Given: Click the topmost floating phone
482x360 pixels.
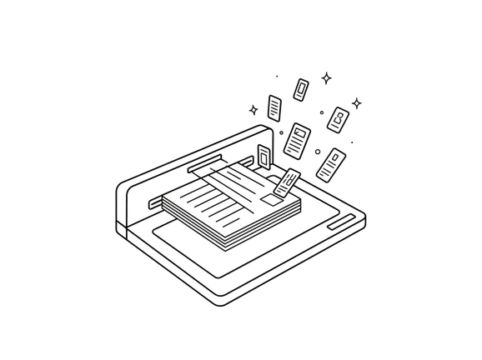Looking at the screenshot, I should [301, 88].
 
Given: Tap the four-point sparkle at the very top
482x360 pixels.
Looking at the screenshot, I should [327, 77].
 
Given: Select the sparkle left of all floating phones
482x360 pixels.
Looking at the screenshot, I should [254, 109].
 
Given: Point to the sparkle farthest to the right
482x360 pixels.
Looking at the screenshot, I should [359, 104].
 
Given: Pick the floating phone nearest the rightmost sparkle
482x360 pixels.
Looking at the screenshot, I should [339, 119].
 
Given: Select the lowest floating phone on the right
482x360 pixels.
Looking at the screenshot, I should [331, 163].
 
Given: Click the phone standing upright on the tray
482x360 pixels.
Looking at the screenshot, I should [264, 156].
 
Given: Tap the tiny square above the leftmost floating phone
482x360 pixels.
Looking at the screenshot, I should [276, 77].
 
